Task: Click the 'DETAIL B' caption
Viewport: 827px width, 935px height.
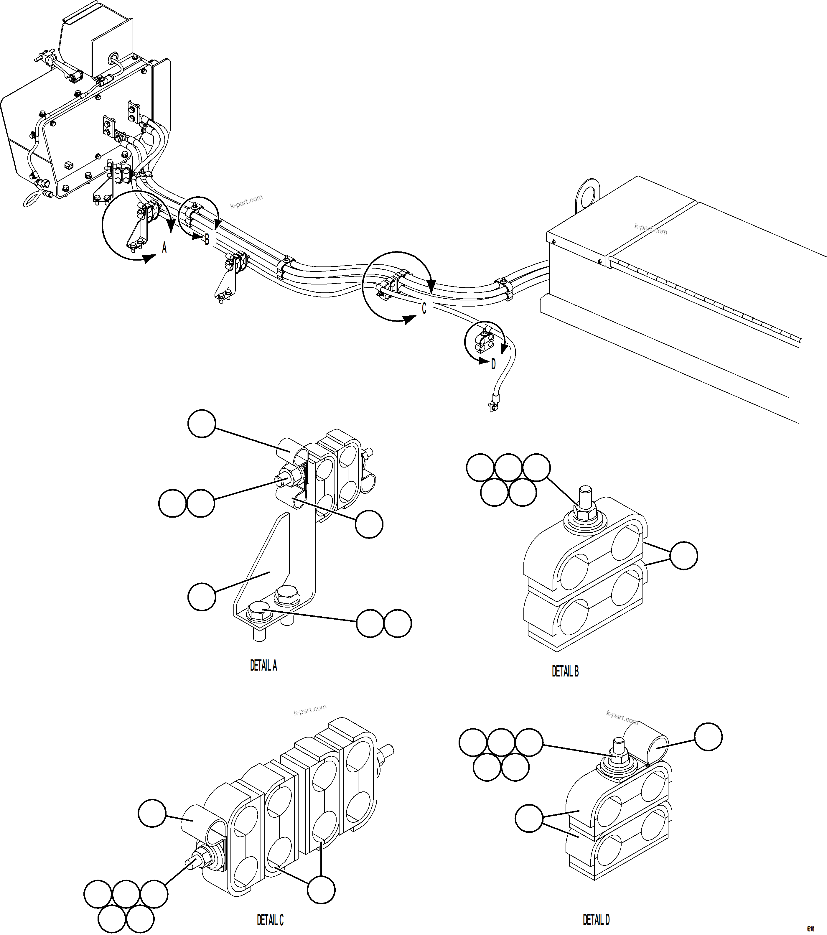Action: point(565,671)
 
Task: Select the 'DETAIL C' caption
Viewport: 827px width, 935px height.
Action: point(270,919)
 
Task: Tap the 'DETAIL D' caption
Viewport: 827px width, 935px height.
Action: point(596,919)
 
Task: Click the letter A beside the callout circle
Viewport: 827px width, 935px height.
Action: point(164,248)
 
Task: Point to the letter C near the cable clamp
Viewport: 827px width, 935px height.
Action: point(424,309)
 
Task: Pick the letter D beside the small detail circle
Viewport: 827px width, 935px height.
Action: point(493,365)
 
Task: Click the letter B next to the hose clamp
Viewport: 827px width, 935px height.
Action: point(207,239)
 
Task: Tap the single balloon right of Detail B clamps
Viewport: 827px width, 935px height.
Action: point(684,555)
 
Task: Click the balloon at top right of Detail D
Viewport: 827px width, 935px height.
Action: point(708,736)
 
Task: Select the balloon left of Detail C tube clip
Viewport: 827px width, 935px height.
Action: point(152,813)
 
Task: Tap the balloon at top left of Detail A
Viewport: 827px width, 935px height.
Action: point(202,424)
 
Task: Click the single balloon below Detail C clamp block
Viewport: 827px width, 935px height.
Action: point(321,890)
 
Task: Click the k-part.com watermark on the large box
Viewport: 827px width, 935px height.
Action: point(650,229)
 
